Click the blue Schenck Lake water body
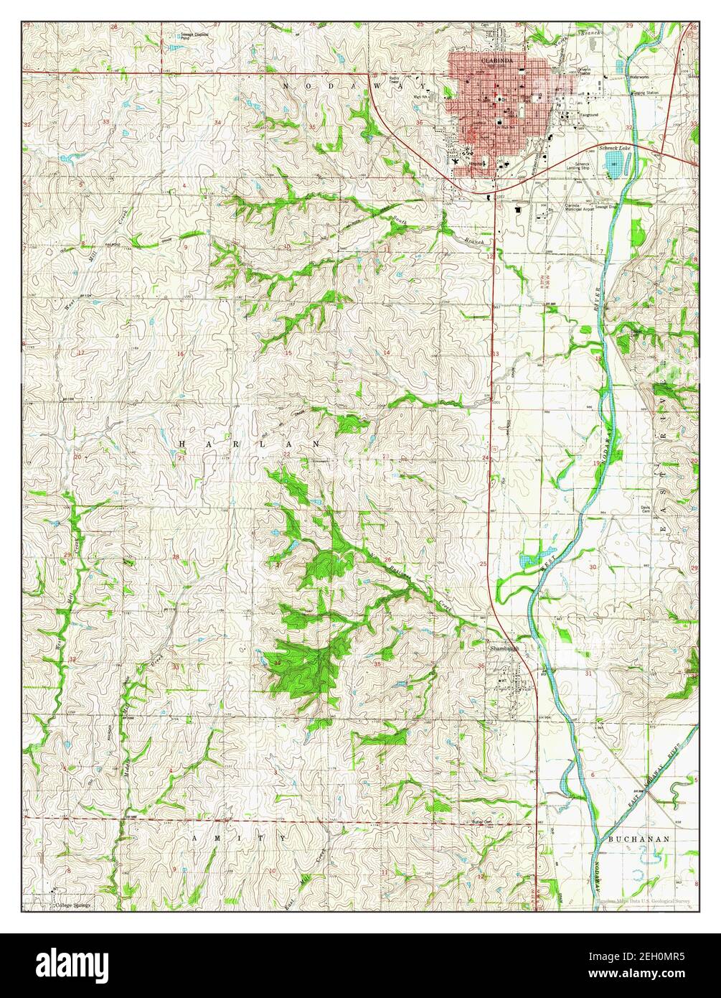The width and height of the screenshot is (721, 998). (x=615, y=164)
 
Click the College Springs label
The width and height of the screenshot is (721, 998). (x=73, y=905)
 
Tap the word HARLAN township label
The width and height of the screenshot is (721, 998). (x=249, y=445)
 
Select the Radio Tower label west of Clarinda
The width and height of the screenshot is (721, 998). (x=395, y=80)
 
